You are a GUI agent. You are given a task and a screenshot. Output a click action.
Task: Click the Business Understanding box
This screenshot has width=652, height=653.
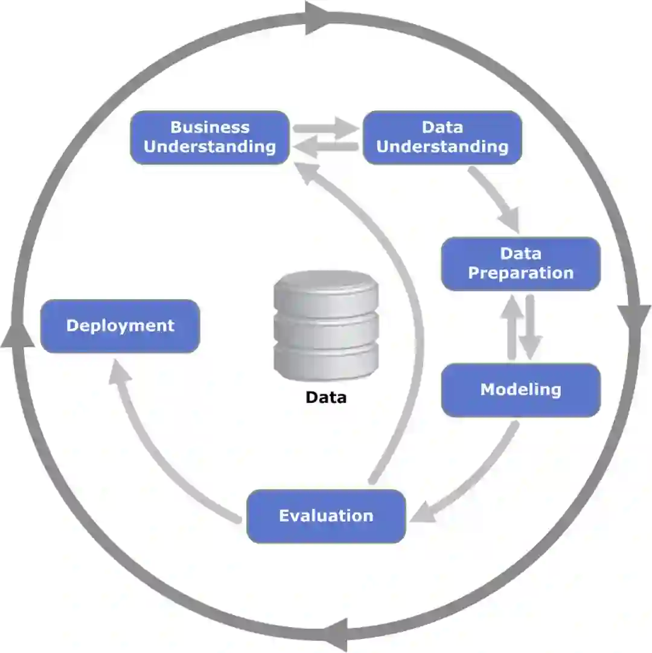(x=209, y=137)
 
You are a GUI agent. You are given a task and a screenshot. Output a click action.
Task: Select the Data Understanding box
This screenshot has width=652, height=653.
(x=442, y=137)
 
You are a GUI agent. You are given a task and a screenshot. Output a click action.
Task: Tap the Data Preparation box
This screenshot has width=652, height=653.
(x=520, y=263)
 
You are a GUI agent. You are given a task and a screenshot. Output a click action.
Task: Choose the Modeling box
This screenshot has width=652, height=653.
(x=520, y=390)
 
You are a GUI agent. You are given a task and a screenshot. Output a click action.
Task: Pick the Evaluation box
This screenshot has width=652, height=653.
(x=326, y=516)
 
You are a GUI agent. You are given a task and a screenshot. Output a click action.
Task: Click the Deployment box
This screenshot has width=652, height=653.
(x=120, y=326)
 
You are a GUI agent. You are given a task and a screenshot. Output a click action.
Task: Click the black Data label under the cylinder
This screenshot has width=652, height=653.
(x=326, y=398)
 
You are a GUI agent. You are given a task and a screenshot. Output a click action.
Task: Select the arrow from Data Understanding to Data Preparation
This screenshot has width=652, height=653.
(x=495, y=199)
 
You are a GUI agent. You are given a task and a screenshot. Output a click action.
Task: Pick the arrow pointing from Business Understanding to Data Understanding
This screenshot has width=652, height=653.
(x=326, y=128)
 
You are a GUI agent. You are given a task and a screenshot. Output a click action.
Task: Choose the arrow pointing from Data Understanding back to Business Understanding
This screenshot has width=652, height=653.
(x=326, y=147)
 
